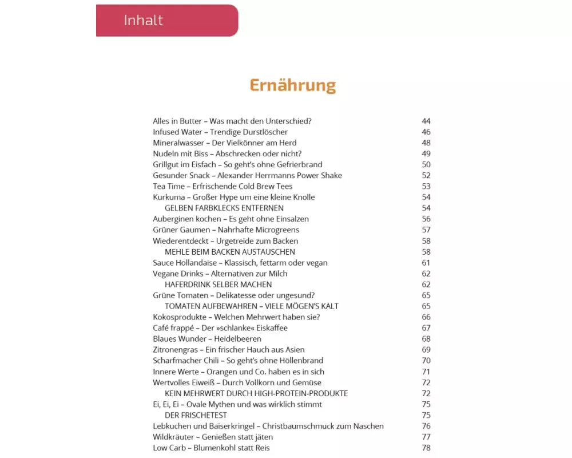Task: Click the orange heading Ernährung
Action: tap(292, 85)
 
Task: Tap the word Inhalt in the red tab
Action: tap(143, 21)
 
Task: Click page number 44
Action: tap(426, 121)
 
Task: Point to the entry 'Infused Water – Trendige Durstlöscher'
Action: tap(220, 132)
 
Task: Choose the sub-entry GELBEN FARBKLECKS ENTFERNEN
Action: tap(224, 208)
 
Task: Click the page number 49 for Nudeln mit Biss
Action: tap(426, 154)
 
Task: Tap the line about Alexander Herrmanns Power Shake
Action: tap(247, 176)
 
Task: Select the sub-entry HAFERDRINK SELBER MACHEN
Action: tap(218, 285)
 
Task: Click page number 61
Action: tap(426, 263)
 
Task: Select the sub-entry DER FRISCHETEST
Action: tap(196, 415)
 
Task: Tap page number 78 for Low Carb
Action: tap(426, 448)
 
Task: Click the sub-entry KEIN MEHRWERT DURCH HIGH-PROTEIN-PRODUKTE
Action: tap(256, 393)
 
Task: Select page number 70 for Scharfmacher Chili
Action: tap(426, 361)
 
